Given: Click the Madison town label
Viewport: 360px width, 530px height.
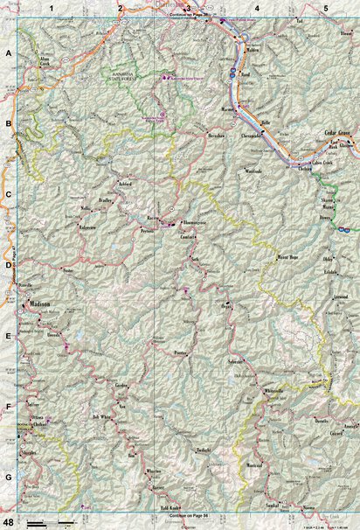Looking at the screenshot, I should (x=40, y=304).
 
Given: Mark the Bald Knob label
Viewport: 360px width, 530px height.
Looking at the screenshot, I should (x=170, y=507).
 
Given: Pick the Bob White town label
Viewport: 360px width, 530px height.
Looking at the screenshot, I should (x=103, y=418).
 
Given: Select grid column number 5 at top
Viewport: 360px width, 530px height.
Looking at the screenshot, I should (x=325, y=8).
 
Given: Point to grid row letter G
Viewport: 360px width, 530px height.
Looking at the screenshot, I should (x=8, y=478).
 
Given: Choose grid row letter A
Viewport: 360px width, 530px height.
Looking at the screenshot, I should (x=8, y=53).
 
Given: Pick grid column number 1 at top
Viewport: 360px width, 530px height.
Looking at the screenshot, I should (x=52, y=8).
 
